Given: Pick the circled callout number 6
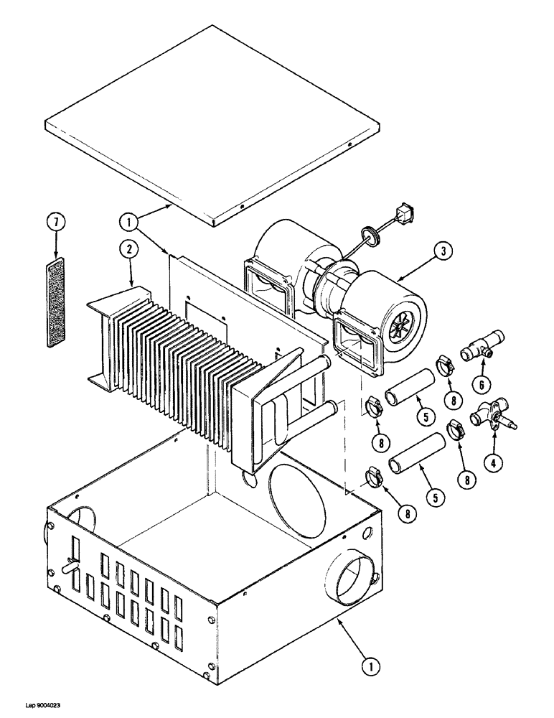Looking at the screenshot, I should pos(482,384).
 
